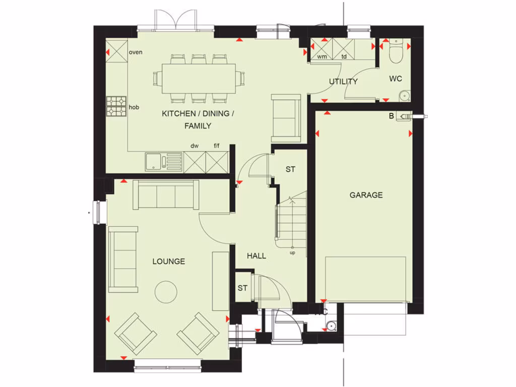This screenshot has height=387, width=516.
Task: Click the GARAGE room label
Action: (x=366, y=195)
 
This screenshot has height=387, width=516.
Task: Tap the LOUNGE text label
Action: (x=169, y=262)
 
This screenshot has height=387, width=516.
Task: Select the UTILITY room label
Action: (x=343, y=82)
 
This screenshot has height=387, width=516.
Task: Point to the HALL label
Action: (x=256, y=256)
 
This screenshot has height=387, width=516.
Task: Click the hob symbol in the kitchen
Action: (x=116, y=106)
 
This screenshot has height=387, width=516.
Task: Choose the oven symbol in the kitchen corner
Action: (x=116, y=51)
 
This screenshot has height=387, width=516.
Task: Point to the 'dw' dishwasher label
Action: (x=195, y=146)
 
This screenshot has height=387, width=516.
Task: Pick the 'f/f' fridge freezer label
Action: (x=217, y=146)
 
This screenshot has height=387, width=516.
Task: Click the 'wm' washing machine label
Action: (x=321, y=56)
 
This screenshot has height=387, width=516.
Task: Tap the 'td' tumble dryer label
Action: (x=344, y=56)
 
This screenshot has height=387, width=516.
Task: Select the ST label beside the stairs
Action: (x=290, y=169)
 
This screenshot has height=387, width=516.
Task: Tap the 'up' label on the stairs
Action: (x=292, y=252)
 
